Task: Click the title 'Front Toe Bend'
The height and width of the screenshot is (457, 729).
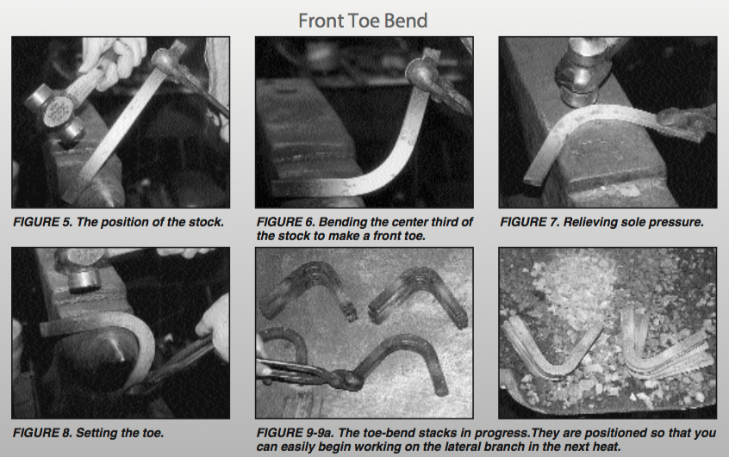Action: [363, 21]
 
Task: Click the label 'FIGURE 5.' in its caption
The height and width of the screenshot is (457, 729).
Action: [43, 222]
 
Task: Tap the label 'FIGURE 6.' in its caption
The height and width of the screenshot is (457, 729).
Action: [286, 222]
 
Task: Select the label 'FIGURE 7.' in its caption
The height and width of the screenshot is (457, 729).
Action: [530, 222]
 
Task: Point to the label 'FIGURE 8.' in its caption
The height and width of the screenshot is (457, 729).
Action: [42, 433]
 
